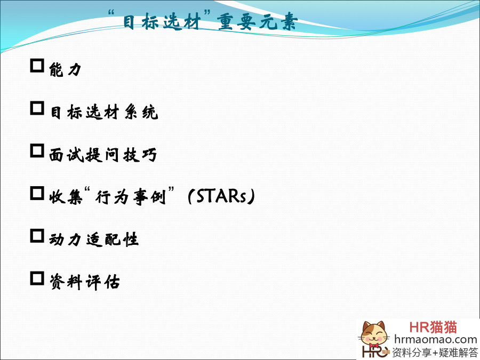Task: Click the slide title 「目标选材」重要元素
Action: [x=203, y=21]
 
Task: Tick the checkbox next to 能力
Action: [x=37, y=66]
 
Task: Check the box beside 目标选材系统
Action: [x=37, y=108]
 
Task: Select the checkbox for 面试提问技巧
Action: [x=37, y=150]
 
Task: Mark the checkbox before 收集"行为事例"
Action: [x=37, y=193]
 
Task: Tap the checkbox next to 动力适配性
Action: [x=37, y=236]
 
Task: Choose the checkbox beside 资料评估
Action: [x=37, y=278]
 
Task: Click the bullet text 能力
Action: [x=65, y=69]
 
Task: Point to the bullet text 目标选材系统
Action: [x=103, y=112]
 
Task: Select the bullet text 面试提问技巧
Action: [x=103, y=155]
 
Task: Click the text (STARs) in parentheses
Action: [x=221, y=196]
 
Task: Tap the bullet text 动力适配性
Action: [x=94, y=239]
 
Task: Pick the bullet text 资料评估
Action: [x=84, y=282]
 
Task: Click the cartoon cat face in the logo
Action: [x=373, y=334]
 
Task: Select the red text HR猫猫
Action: [x=433, y=327]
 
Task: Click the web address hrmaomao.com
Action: [x=435, y=340]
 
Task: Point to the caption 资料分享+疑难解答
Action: [x=435, y=352]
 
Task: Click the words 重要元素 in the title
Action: [x=257, y=21]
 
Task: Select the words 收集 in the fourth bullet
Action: [x=66, y=197]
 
